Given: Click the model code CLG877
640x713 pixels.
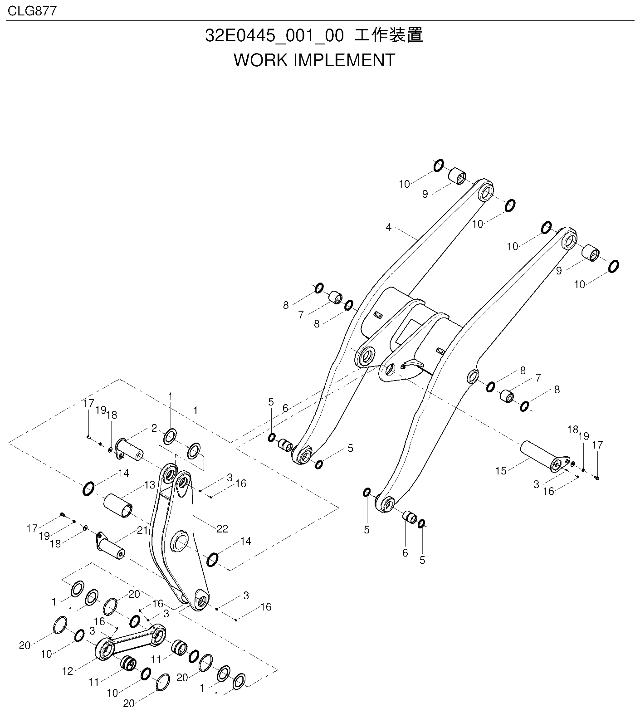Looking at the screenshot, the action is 32,10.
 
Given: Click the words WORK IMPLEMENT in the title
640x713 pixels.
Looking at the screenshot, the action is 314,60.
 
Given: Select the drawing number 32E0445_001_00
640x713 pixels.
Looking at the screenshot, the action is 274,36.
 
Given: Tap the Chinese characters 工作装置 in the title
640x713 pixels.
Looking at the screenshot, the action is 389,35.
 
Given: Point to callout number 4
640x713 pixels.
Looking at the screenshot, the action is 388,227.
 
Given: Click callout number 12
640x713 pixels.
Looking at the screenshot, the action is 68,671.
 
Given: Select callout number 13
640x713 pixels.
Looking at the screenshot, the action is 150,485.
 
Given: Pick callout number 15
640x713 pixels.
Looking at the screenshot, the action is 501,471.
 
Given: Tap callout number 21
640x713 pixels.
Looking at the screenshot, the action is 142,530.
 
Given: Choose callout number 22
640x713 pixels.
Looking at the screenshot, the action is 222,528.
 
